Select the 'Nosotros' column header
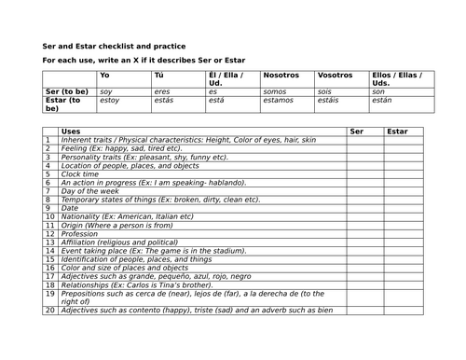tap(282, 75)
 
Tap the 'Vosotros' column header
tap(336, 75)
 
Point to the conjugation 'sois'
tap(325, 90)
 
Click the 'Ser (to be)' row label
tap(66, 90)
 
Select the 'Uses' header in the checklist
tap(71, 132)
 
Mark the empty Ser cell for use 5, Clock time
tap(364, 173)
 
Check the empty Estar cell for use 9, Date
tap(404, 207)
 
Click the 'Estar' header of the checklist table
tap(397, 132)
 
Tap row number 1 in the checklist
tap(49, 140)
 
